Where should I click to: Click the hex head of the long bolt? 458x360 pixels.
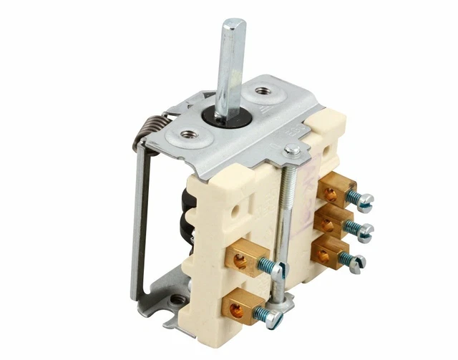(x=291, y=150)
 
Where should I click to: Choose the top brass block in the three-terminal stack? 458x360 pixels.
(x=336, y=192)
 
